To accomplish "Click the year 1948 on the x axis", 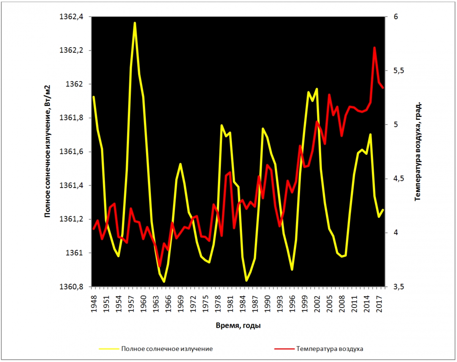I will [x=94, y=303].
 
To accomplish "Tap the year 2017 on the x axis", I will [x=380, y=303].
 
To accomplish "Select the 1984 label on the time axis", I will [x=243, y=303].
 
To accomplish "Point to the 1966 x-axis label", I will [x=168, y=303].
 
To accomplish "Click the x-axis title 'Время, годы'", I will [x=238, y=325].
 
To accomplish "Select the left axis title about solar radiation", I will [x=48, y=151].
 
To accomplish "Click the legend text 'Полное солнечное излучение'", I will [x=167, y=349].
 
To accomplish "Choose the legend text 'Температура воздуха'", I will [x=330, y=349].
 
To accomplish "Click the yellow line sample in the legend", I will [x=109, y=349].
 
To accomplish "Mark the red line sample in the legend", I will [x=284, y=349].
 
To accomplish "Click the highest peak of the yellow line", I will [x=135, y=23].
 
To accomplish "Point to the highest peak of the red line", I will [x=375, y=48].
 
